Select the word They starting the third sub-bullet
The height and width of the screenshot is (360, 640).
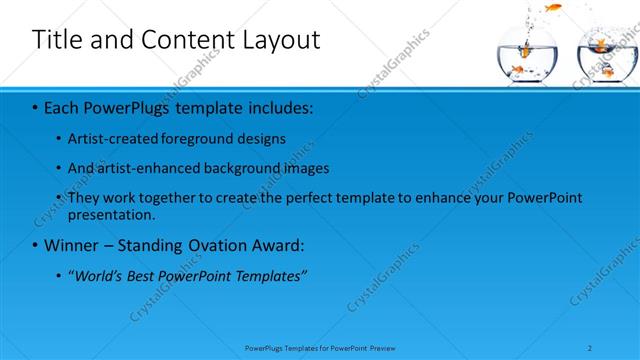84,198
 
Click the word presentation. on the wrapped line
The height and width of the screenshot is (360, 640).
112,214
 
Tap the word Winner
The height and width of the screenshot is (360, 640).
72,245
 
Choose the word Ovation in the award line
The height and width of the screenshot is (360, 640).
207,245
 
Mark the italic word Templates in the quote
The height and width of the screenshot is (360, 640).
268,275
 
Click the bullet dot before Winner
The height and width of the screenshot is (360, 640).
36,246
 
